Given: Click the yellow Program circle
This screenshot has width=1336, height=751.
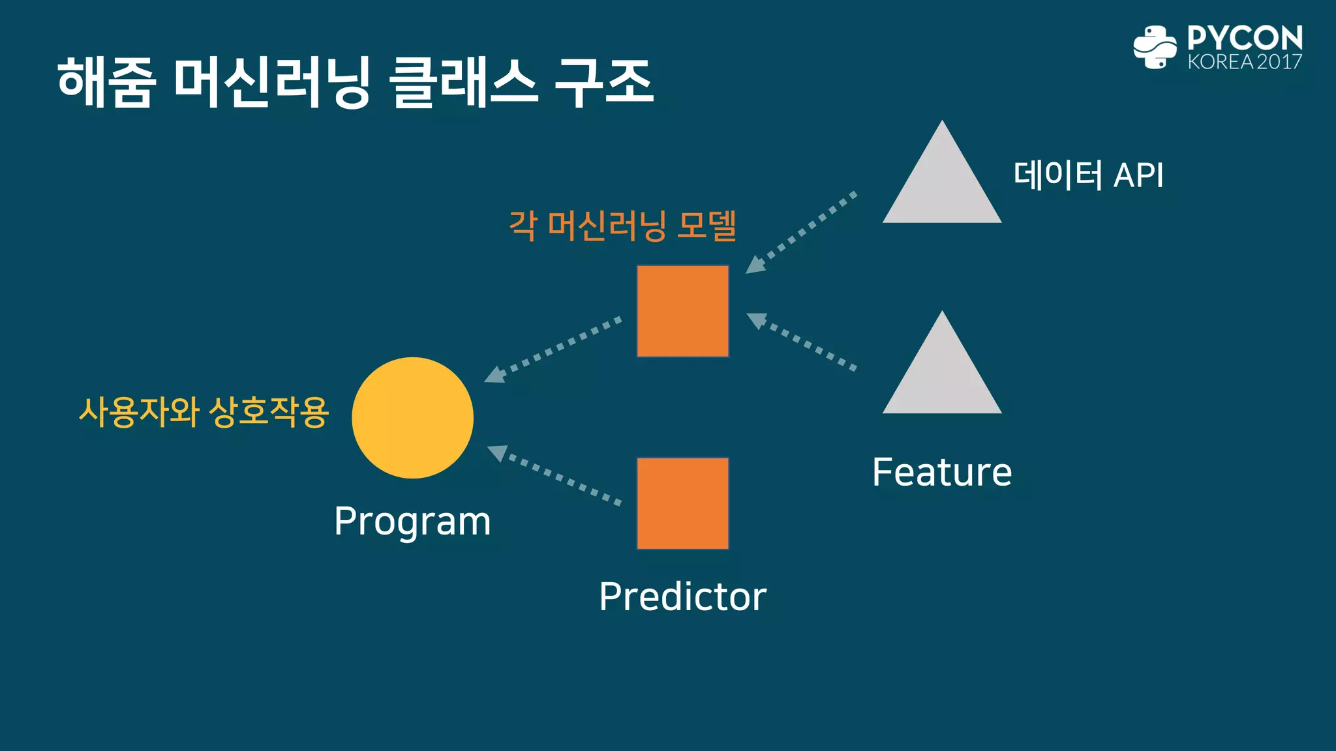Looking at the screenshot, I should (x=412, y=418).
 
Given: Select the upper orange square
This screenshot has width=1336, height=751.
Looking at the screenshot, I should (x=682, y=311).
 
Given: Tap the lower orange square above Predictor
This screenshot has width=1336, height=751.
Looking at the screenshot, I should (x=682, y=503).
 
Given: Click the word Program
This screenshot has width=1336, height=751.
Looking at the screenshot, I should (x=412, y=522).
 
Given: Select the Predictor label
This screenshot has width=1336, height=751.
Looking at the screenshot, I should (x=682, y=596).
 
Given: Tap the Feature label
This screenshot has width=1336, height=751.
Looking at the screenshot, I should (x=941, y=472).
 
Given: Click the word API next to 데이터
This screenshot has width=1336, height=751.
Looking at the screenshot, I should (x=1138, y=175).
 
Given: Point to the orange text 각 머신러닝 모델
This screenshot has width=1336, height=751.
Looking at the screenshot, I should (x=622, y=226).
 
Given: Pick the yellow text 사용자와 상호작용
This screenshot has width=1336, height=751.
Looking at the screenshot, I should (x=204, y=412).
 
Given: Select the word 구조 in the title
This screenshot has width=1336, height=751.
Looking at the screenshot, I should (x=604, y=82).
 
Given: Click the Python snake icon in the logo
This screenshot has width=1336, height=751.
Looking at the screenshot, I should (x=1155, y=47).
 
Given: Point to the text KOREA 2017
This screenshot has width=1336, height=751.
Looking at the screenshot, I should (x=1244, y=62).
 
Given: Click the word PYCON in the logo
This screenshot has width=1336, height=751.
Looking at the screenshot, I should (x=1244, y=38).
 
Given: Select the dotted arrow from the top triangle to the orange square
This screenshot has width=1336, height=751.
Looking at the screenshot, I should (x=801, y=232).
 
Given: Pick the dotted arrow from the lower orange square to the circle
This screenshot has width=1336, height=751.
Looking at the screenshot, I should (x=554, y=475).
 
